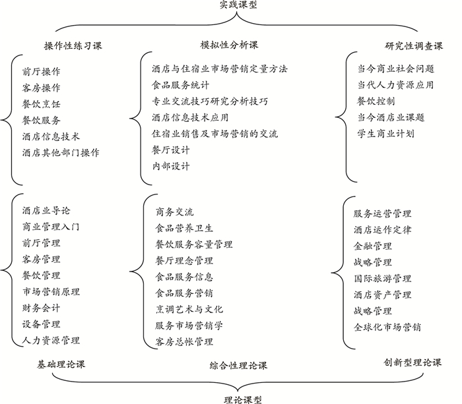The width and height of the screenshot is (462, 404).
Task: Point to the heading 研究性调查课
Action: click(x=414, y=45)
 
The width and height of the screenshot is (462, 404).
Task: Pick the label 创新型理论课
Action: click(x=413, y=362)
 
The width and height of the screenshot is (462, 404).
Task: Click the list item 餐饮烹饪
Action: click(x=41, y=103)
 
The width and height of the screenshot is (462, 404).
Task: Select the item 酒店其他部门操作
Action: click(x=61, y=152)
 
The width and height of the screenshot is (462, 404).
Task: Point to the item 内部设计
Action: click(x=170, y=166)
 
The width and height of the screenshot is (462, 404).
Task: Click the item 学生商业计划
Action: click(x=385, y=133)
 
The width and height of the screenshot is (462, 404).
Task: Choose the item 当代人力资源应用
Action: click(x=395, y=84)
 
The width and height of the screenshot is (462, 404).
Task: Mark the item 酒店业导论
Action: click(x=46, y=211)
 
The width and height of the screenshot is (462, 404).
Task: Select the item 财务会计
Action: click(x=41, y=308)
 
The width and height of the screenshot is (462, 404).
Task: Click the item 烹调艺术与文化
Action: click(x=189, y=309)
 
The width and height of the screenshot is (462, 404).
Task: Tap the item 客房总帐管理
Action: click(x=184, y=341)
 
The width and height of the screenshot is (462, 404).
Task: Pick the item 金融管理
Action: click(x=373, y=246)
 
